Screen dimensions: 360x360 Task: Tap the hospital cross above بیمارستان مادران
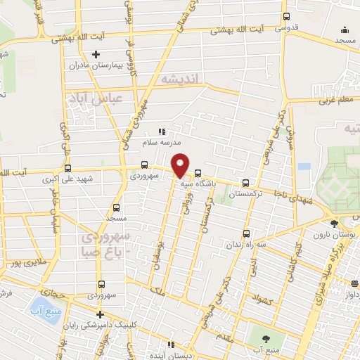click(96, 54)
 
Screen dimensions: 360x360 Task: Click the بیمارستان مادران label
click(96, 65)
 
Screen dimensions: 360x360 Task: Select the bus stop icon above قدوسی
click(285, 17)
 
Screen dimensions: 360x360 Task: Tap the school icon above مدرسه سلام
click(162, 131)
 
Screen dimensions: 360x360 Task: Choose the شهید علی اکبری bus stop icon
click(68, 169)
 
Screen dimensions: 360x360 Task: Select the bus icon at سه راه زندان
click(245, 234)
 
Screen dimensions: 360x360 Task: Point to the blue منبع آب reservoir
click(36, 305)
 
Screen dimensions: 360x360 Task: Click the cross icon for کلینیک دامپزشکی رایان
click(99, 314)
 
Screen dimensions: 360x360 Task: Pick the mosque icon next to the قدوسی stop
click(345, 30)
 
